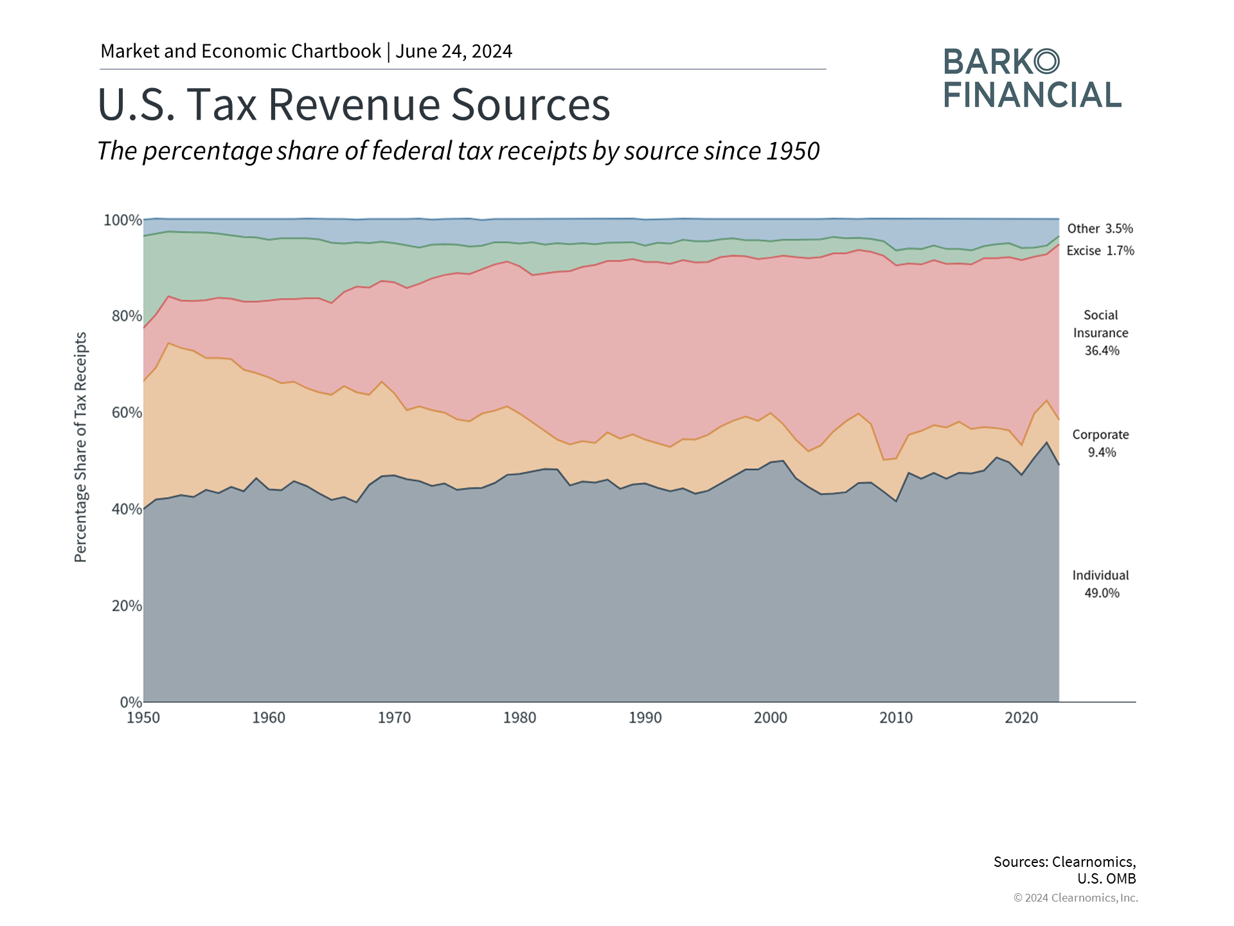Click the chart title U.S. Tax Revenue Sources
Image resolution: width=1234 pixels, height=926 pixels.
[x=353, y=104]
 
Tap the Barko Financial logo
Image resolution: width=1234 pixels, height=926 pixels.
[x=1032, y=78]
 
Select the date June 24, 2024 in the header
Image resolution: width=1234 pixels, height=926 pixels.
[x=454, y=51]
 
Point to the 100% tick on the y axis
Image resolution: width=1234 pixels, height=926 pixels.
[x=123, y=221]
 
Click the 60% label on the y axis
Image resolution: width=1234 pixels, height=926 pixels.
[x=127, y=413]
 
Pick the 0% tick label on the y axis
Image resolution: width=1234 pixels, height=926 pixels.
[x=130, y=702]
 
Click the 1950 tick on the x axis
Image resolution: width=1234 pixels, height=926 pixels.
[x=143, y=718]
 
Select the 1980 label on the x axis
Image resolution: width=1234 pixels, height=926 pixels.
[x=519, y=718]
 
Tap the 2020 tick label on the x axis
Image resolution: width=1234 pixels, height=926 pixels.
[x=1021, y=718]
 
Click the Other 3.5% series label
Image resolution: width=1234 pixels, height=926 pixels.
[x=1100, y=229]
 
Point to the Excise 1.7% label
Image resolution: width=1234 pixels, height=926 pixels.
[x=1100, y=251]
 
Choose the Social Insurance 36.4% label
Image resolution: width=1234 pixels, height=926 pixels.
[x=1101, y=333]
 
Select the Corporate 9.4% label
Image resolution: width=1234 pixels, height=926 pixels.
[x=1101, y=444]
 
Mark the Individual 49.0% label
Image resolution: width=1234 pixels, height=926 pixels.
[x=1101, y=584]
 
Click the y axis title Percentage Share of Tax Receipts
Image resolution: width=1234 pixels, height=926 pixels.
[x=80, y=447]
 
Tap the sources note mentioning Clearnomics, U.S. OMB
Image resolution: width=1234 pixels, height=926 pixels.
[x=1065, y=870]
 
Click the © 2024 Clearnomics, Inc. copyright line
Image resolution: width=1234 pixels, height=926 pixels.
[x=1075, y=898]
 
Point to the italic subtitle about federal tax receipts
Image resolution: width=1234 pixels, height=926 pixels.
[x=458, y=151]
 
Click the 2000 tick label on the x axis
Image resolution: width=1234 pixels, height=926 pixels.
[x=770, y=718]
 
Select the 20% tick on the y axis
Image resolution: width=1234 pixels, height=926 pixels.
[x=127, y=606]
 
